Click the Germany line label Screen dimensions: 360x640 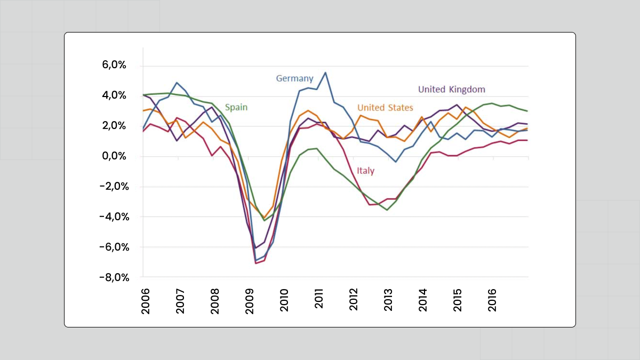[294, 78]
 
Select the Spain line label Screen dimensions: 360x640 [236, 107]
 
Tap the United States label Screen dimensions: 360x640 [385, 108]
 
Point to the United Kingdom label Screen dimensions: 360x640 [451, 89]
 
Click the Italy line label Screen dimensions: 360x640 [365, 171]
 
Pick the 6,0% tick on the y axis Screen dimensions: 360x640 [115, 66]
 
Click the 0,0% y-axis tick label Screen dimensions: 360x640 [115, 156]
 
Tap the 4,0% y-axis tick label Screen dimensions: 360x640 [115, 96]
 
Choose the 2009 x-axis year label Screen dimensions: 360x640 [250, 301]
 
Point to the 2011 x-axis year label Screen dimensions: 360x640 [319, 301]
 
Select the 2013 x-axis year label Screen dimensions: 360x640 [389, 301]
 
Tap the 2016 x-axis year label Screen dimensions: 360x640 [493, 301]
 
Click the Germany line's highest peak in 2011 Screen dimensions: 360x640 [325, 73]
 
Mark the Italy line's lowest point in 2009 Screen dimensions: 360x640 [256, 263]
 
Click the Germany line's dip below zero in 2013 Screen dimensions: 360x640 [395, 162]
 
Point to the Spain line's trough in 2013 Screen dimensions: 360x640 [387, 210]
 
